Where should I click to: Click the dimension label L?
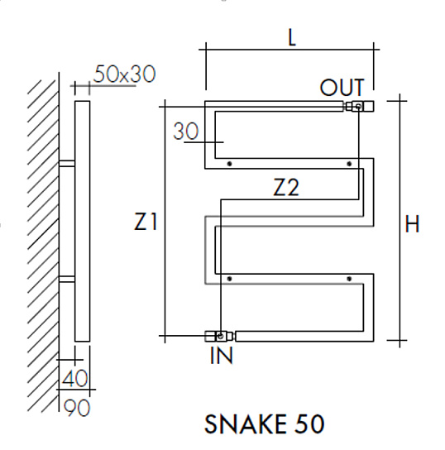(291, 37)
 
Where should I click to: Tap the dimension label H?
(412, 223)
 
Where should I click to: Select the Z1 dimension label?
(146, 222)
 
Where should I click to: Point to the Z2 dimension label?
(286, 187)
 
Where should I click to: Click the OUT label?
(342, 88)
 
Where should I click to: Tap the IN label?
(221, 356)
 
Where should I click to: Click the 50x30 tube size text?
(125, 74)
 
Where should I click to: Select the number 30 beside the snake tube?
(186, 132)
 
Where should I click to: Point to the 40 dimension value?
(74, 378)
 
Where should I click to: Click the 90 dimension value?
(77, 408)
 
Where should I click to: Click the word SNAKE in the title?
(246, 424)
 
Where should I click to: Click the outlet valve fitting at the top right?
(359, 107)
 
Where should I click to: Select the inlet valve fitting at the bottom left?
(220, 336)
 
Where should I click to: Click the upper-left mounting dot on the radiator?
(229, 164)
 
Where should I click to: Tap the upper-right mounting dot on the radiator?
(349, 164)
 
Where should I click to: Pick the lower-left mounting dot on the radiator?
(229, 279)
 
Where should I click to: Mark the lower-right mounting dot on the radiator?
(349, 279)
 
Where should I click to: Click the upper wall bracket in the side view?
(67, 163)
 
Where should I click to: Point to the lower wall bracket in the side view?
(67, 279)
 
